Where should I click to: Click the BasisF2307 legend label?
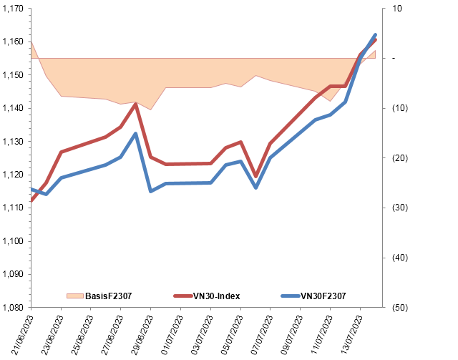(108, 296)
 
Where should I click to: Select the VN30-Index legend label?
(216, 296)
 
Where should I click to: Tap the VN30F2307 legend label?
(323, 296)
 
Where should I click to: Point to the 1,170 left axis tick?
(13, 9)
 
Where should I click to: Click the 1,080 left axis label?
(13, 308)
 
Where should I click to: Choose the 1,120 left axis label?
(13, 175)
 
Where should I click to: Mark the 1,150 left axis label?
(13, 75)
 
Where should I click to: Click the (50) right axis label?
(400, 308)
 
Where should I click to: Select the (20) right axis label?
(400, 158)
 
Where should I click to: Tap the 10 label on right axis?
(397, 9)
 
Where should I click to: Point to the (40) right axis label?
(400, 258)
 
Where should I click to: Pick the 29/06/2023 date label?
(142, 335)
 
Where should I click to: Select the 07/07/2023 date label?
(261, 335)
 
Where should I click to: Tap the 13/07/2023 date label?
(351, 335)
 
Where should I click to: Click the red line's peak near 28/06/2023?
(136, 104)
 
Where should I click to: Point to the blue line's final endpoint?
(375, 35)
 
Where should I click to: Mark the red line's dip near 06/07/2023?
(256, 176)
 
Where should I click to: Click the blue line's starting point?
(31, 189)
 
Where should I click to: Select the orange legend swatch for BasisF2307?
(74, 296)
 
